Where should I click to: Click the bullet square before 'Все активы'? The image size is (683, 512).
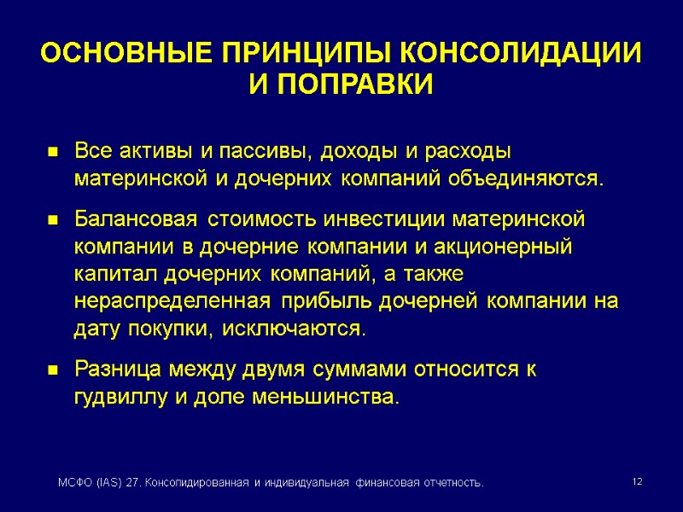coord(52,154)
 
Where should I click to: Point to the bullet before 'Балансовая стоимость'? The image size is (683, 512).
coord(52,220)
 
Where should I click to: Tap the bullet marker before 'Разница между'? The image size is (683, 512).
coord(52,372)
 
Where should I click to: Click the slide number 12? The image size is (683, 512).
coord(636,483)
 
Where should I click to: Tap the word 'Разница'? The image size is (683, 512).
coord(117,370)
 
